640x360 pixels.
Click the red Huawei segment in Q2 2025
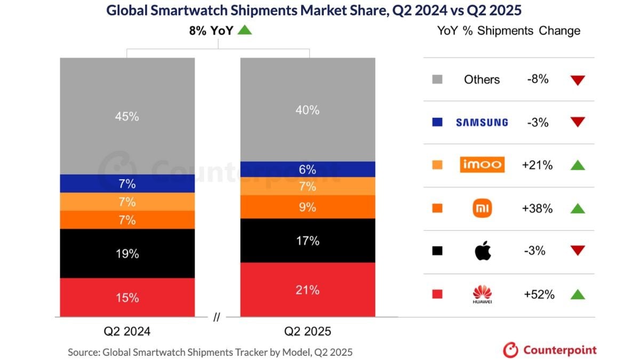coord(308,290)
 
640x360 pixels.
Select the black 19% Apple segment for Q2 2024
coord(127,253)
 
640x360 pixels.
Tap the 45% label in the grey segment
coord(127,116)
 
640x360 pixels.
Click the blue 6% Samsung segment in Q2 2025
coord(308,169)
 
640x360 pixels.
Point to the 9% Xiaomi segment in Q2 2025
coord(308,207)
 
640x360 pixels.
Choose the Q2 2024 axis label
coord(127,331)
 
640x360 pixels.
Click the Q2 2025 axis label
coord(308,331)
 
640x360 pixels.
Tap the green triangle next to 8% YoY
coord(244,30)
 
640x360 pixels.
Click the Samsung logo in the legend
coord(482,123)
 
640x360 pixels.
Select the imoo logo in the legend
coord(482,165)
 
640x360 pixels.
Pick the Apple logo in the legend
coord(483,250)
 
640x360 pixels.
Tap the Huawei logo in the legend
coord(482,294)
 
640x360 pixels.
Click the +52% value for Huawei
coord(538,294)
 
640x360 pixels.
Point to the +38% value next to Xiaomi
coord(537,209)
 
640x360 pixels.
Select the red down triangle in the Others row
coord(578,81)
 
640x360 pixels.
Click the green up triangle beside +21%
coord(578,165)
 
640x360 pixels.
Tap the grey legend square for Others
coord(437,79)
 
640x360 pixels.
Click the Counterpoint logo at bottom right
coord(550,350)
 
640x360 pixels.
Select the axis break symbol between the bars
coord(216,317)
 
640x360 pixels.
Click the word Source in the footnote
coord(83,353)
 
